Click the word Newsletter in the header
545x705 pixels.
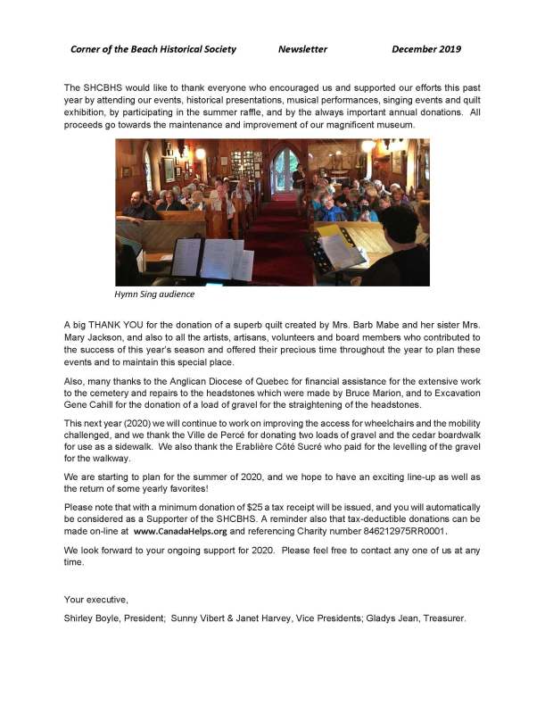(x=302, y=49)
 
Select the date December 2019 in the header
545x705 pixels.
(x=426, y=49)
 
